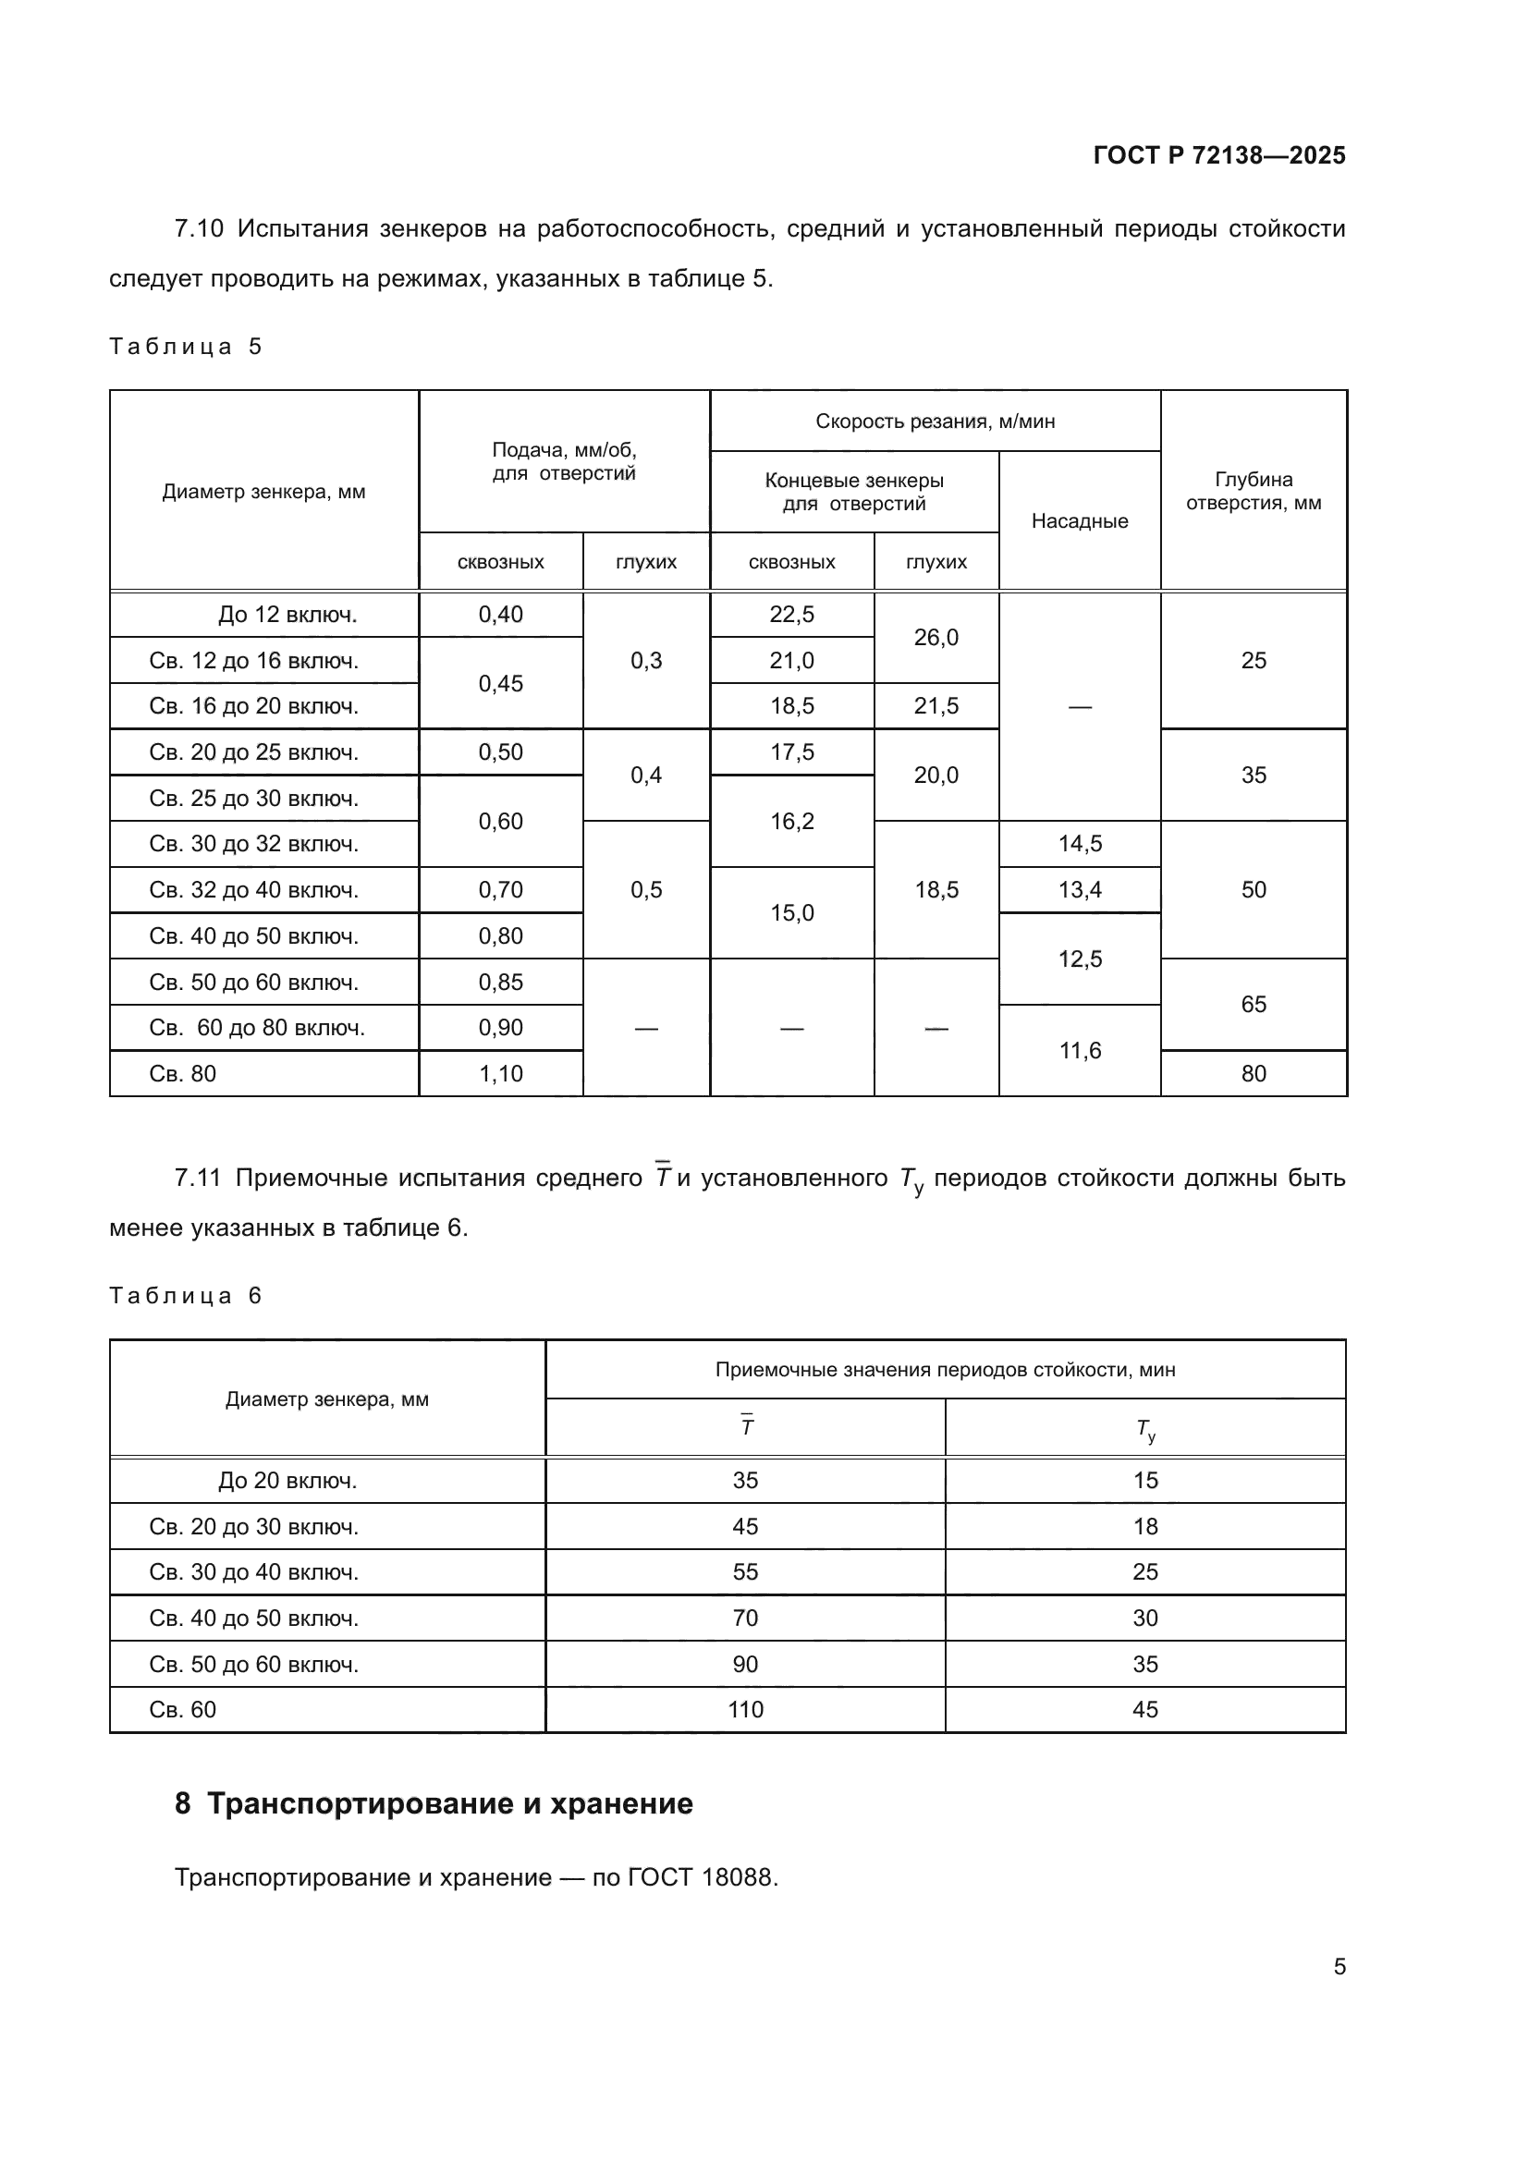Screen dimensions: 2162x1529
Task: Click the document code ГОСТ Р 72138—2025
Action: point(1218,155)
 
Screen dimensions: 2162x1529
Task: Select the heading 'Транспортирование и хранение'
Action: point(449,1803)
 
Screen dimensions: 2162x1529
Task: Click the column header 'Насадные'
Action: point(1079,521)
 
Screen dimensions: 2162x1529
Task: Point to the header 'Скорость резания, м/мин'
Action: point(934,421)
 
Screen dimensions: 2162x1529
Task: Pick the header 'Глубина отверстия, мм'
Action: point(1253,492)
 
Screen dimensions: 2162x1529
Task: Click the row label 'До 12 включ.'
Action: point(287,615)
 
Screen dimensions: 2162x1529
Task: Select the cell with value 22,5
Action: point(791,615)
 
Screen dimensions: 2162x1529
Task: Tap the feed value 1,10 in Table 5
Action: point(500,1073)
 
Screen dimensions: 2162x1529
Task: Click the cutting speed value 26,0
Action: point(935,638)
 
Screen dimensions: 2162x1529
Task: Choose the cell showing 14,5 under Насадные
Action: point(1079,844)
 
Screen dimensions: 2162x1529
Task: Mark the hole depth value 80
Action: point(1253,1073)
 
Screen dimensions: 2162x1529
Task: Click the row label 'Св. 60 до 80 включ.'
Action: point(256,1027)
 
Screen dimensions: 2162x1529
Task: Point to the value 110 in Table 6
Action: point(745,1709)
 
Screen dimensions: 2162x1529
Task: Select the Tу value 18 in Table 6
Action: point(1144,1526)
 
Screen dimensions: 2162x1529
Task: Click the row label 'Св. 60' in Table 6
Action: point(183,1709)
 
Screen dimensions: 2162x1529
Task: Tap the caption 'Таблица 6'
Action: point(186,1296)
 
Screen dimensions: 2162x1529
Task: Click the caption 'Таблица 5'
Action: point(186,347)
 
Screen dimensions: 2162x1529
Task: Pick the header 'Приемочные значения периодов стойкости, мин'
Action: point(945,1370)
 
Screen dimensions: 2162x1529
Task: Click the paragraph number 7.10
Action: point(199,229)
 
